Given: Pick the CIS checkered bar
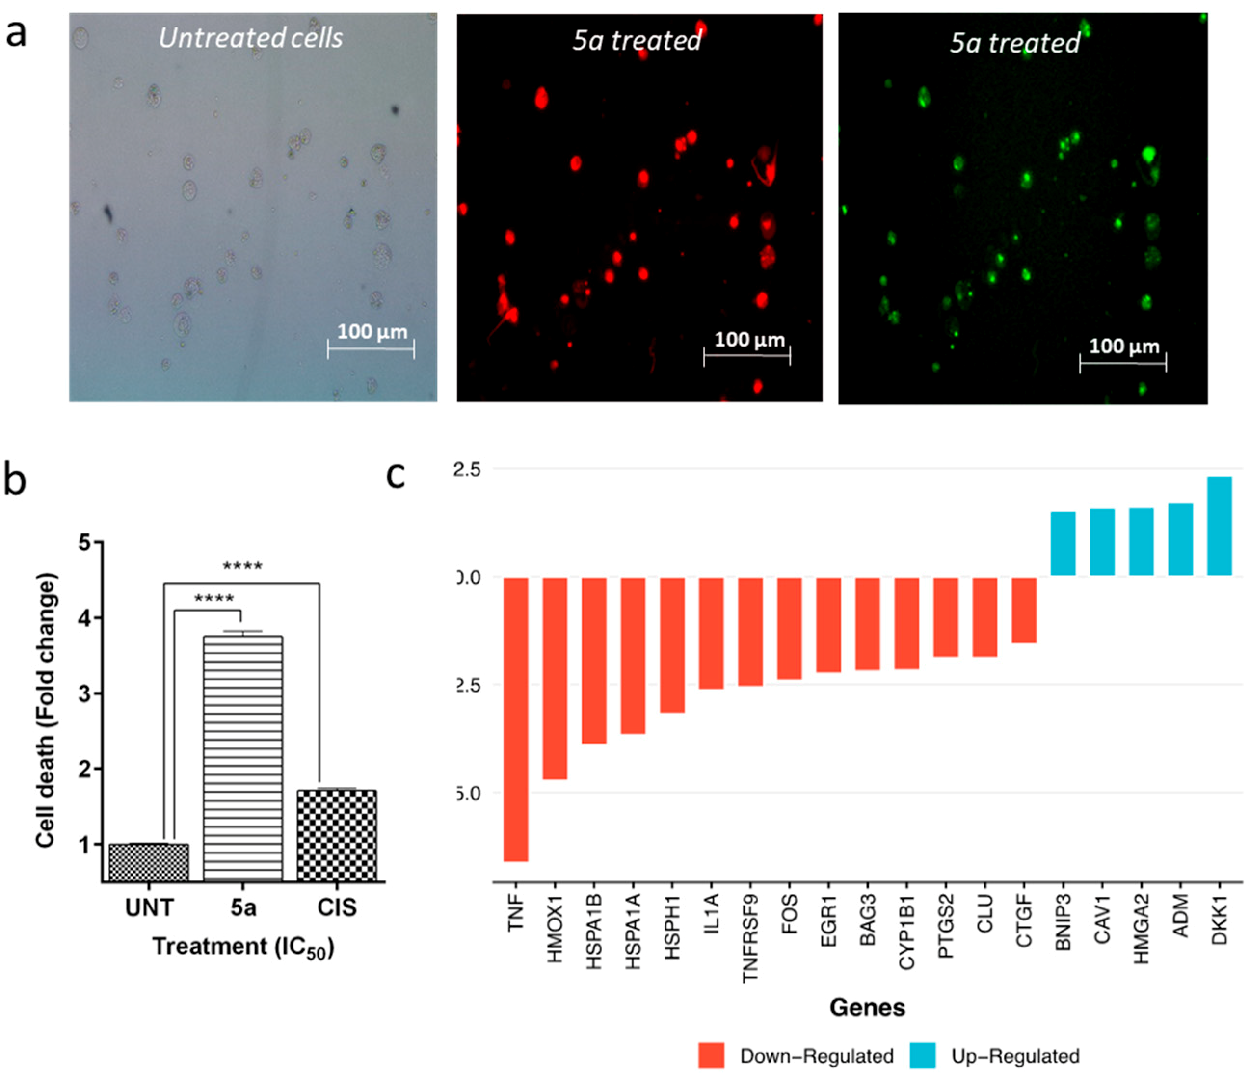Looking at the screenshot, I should pos(337,836).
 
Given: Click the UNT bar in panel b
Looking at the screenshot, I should pos(148,863).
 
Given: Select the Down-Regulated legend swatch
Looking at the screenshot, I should pos(711,1056).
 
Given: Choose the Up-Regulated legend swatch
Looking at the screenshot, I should pos(922,1056).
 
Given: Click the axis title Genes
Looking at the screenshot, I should pos(867,1008).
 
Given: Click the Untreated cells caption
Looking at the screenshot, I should pos(251,38).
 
